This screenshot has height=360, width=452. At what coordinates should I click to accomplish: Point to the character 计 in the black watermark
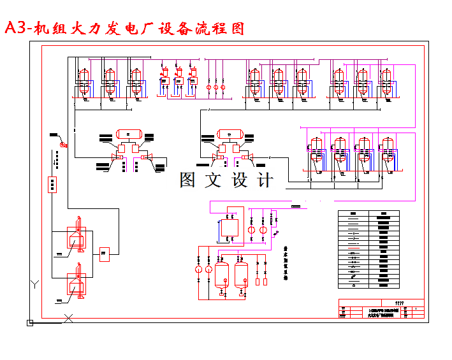pos(263,180)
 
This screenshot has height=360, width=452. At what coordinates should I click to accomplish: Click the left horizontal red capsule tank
pos(128,134)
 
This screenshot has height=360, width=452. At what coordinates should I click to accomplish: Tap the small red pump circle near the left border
pos(62,145)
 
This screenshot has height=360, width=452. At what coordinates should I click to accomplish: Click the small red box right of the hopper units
pos(105,253)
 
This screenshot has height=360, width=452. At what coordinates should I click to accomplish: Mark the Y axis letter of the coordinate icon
pos(35,283)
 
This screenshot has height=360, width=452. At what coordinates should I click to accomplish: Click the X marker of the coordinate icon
pos(71,316)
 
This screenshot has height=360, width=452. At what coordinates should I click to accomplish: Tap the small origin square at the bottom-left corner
pos(29,323)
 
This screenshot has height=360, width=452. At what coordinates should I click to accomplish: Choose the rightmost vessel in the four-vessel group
pos(388,154)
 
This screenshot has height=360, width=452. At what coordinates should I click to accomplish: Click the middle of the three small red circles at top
pos(215,87)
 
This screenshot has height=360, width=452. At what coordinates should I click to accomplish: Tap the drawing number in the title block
pos(400,302)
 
